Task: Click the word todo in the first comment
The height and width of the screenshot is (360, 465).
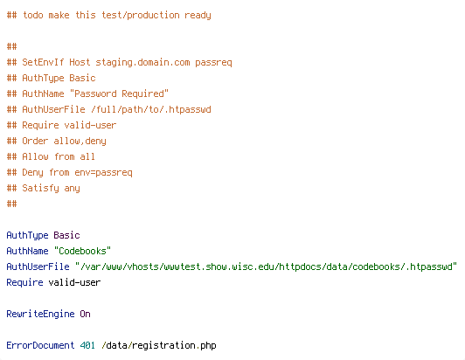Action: pos(33,15)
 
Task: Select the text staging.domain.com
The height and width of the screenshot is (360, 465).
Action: pos(142,63)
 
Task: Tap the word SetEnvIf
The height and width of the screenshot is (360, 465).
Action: pos(43,62)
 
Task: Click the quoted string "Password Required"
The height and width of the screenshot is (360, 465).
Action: pos(119,93)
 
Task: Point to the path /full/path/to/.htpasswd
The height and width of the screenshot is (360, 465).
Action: pos(151,110)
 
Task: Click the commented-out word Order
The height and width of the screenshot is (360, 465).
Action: pos(35,141)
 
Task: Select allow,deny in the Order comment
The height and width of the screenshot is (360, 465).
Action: pos(80,142)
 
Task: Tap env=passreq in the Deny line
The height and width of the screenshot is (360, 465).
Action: pos(103,173)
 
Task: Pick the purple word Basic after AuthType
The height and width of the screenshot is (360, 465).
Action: pos(66,235)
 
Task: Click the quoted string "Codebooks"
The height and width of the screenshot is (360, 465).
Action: pos(82,251)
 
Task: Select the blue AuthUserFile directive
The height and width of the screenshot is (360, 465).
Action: pos(38,267)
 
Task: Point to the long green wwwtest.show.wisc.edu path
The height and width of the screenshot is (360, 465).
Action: pos(266,267)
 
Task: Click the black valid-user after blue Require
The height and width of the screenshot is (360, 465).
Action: pos(74,282)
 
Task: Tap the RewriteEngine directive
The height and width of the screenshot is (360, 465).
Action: pos(40,314)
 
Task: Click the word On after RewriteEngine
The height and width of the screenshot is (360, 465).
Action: pos(85,314)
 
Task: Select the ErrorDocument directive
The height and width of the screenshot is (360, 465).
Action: pos(40,345)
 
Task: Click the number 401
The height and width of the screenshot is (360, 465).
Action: pos(87,345)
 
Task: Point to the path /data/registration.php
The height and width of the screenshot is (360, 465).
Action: pos(159,346)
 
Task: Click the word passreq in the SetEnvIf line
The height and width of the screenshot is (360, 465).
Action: pos(213,63)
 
